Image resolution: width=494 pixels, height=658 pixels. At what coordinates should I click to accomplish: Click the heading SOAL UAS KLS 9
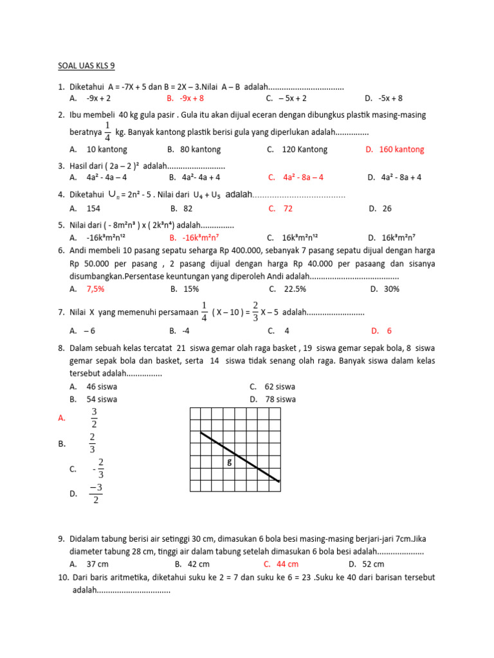(87, 66)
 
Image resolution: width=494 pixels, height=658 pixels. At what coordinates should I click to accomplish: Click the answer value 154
(94, 209)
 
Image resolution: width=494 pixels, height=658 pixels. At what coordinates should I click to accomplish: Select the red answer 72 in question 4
(288, 209)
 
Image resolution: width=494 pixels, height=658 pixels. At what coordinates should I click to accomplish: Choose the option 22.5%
(295, 289)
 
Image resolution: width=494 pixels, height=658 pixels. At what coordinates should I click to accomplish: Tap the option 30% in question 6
(392, 289)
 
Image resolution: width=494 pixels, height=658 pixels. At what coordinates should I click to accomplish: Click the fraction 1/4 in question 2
(107, 130)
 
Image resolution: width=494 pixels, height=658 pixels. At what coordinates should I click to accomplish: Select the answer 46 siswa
(102, 387)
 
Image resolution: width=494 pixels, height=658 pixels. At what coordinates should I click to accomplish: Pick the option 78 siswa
(280, 399)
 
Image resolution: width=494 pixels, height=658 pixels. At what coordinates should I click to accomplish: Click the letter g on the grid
(230, 462)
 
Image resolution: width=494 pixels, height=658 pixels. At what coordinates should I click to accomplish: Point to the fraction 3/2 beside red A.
(94, 417)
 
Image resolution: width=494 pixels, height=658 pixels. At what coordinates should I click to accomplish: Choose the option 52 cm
(372, 564)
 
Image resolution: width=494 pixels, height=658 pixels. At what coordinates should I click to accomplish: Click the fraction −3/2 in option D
(96, 493)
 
